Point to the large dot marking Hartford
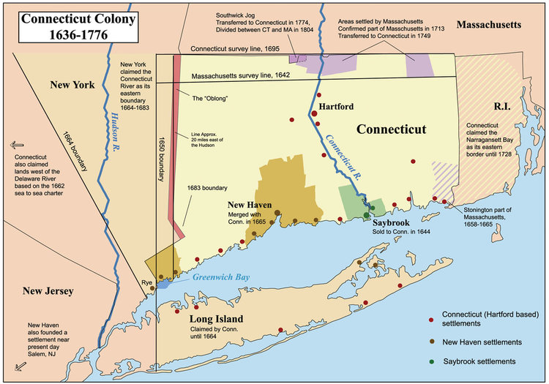(313, 113)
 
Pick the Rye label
(146, 279)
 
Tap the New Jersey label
(50, 291)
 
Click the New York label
(72, 86)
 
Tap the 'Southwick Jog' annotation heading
(239, 15)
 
